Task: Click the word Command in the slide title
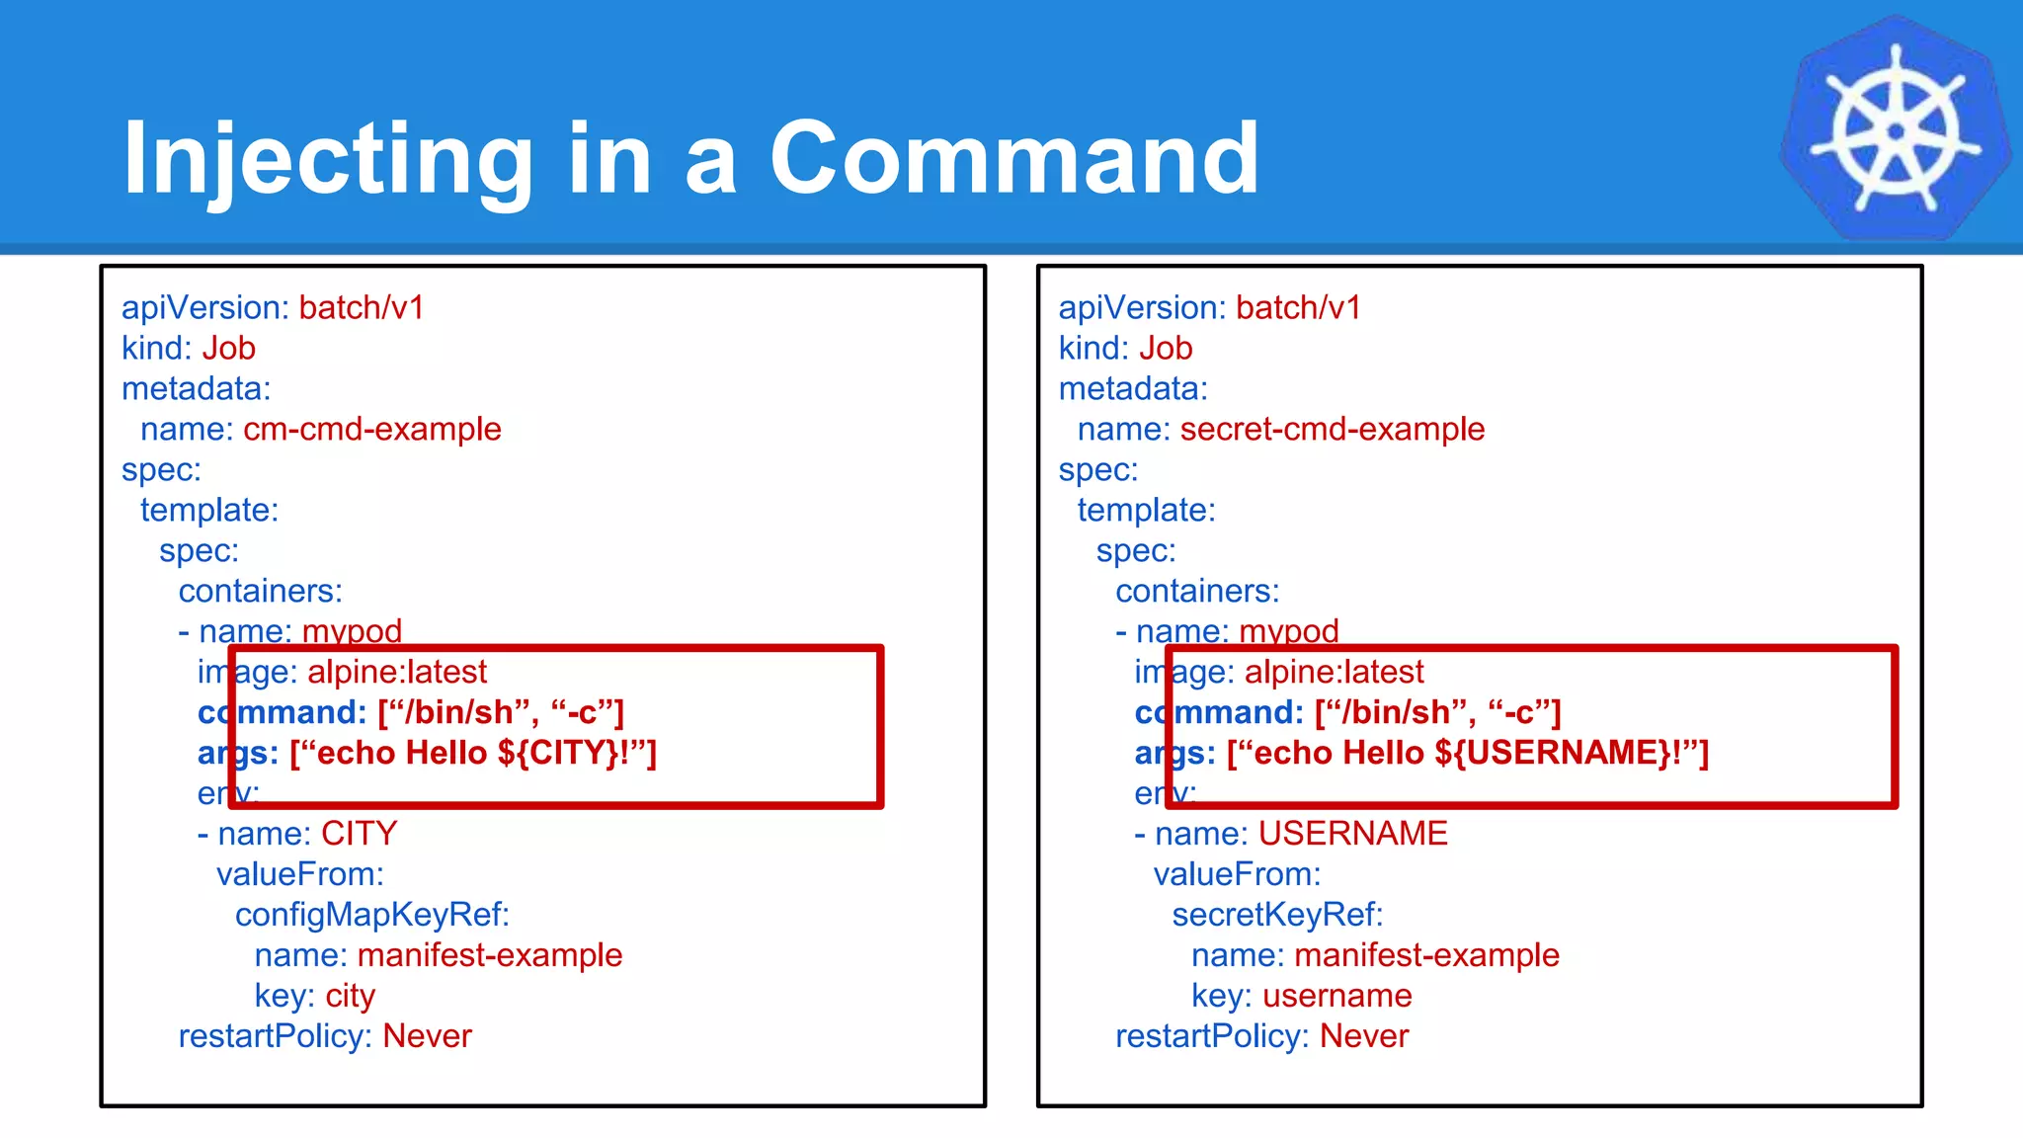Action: [1013, 158]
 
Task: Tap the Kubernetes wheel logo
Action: [1895, 129]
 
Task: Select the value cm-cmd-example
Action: [372, 430]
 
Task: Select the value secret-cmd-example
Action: [1332, 430]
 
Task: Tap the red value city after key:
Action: [351, 997]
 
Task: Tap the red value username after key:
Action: [1336, 997]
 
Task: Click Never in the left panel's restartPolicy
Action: [427, 1037]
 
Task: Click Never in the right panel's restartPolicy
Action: [1364, 1037]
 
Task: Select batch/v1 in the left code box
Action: [362, 308]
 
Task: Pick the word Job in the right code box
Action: [1166, 349]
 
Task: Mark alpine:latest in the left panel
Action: [397, 673]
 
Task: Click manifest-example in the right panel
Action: [1426, 956]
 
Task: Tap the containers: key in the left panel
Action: [260, 592]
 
